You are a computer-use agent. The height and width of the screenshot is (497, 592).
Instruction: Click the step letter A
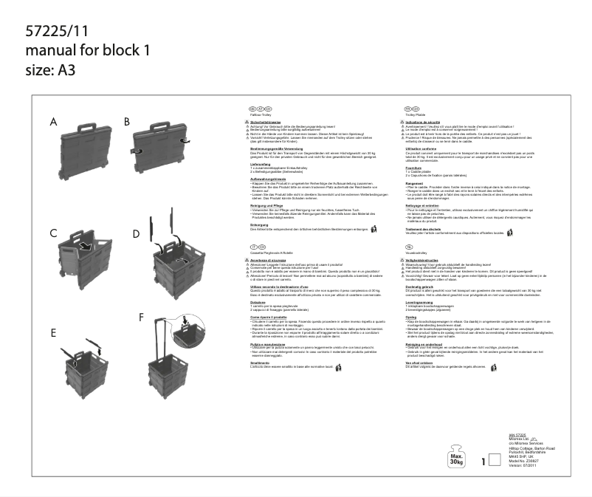coord(54,121)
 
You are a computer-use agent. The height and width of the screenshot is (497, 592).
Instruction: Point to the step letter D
coord(136,234)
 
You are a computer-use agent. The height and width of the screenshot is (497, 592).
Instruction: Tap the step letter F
coord(142,317)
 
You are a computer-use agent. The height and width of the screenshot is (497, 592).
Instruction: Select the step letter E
coord(54,333)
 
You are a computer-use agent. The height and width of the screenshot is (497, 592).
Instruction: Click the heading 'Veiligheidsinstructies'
coord(425,261)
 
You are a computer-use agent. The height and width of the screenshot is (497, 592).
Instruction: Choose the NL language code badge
coord(409,246)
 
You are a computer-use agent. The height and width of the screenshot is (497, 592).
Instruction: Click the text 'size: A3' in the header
coord(51,70)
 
